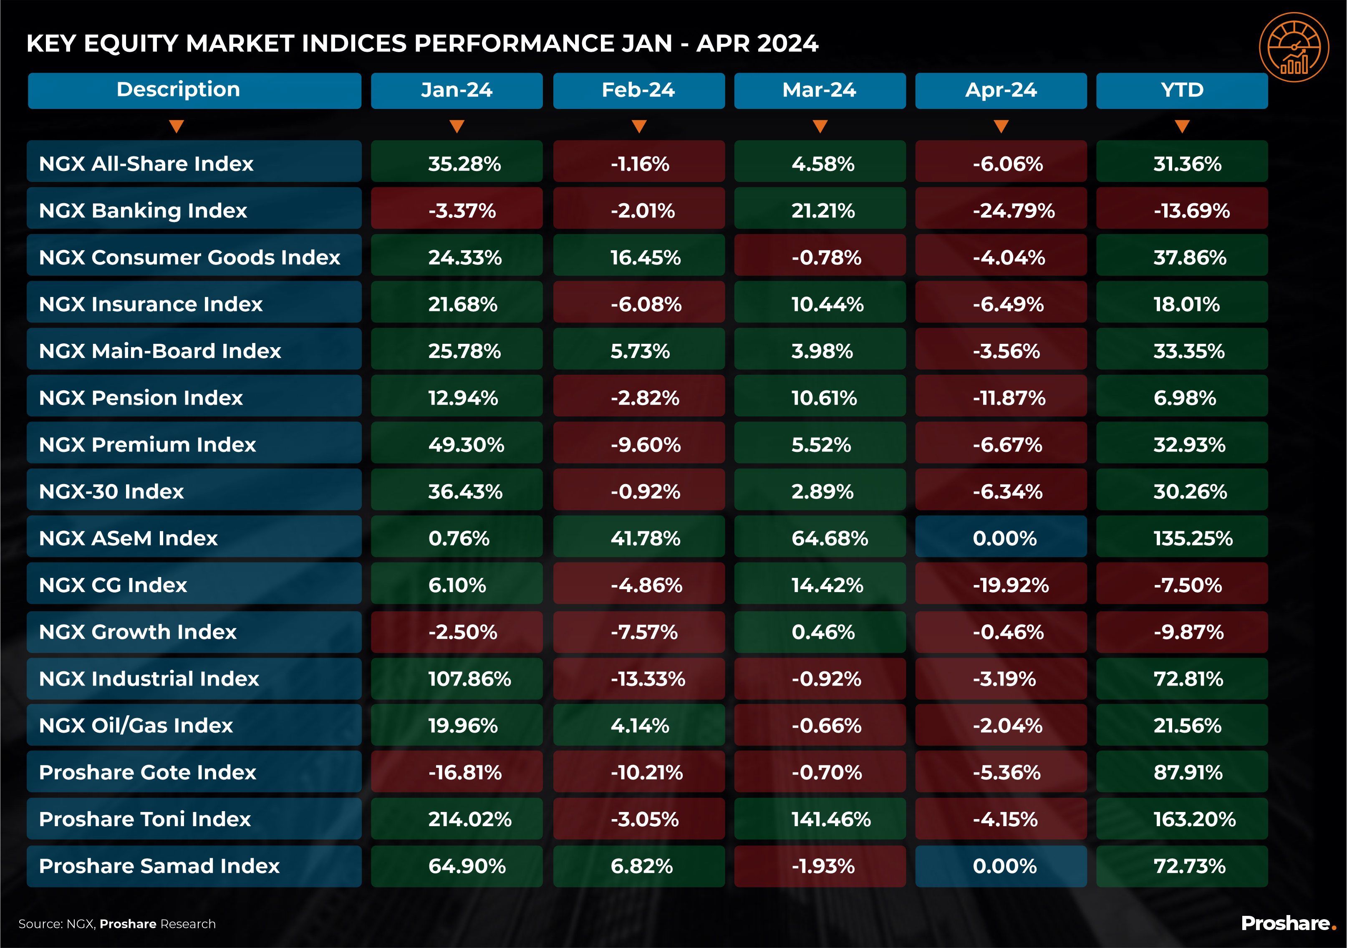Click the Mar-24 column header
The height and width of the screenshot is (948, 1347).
pos(819,91)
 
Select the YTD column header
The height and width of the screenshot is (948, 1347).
pos(1182,91)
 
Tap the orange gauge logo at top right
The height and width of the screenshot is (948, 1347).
pos(1294,47)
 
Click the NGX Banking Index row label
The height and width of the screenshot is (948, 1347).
pos(143,210)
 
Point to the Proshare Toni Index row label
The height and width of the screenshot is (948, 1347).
pos(144,819)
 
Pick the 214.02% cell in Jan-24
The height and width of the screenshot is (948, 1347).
pos(469,819)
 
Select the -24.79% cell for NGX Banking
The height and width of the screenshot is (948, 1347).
pos(1013,210)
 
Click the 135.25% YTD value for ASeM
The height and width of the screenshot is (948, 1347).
pos(1193,538)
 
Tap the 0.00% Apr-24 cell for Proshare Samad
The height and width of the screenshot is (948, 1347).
pos(1004,866)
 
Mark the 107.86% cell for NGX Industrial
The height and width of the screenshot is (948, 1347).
pos(469,679)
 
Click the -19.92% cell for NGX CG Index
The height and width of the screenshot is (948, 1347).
pos(1010,585)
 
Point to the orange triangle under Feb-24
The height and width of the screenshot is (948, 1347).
pos(639,126)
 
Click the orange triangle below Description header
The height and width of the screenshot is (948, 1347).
pos(177,126)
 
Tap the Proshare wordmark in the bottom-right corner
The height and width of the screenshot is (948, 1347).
pos(1288,923)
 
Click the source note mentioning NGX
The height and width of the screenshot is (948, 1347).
pos(117,924)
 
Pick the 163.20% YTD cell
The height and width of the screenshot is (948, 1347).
pos(1194,819)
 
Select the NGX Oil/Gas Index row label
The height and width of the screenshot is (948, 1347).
pos(136,726)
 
